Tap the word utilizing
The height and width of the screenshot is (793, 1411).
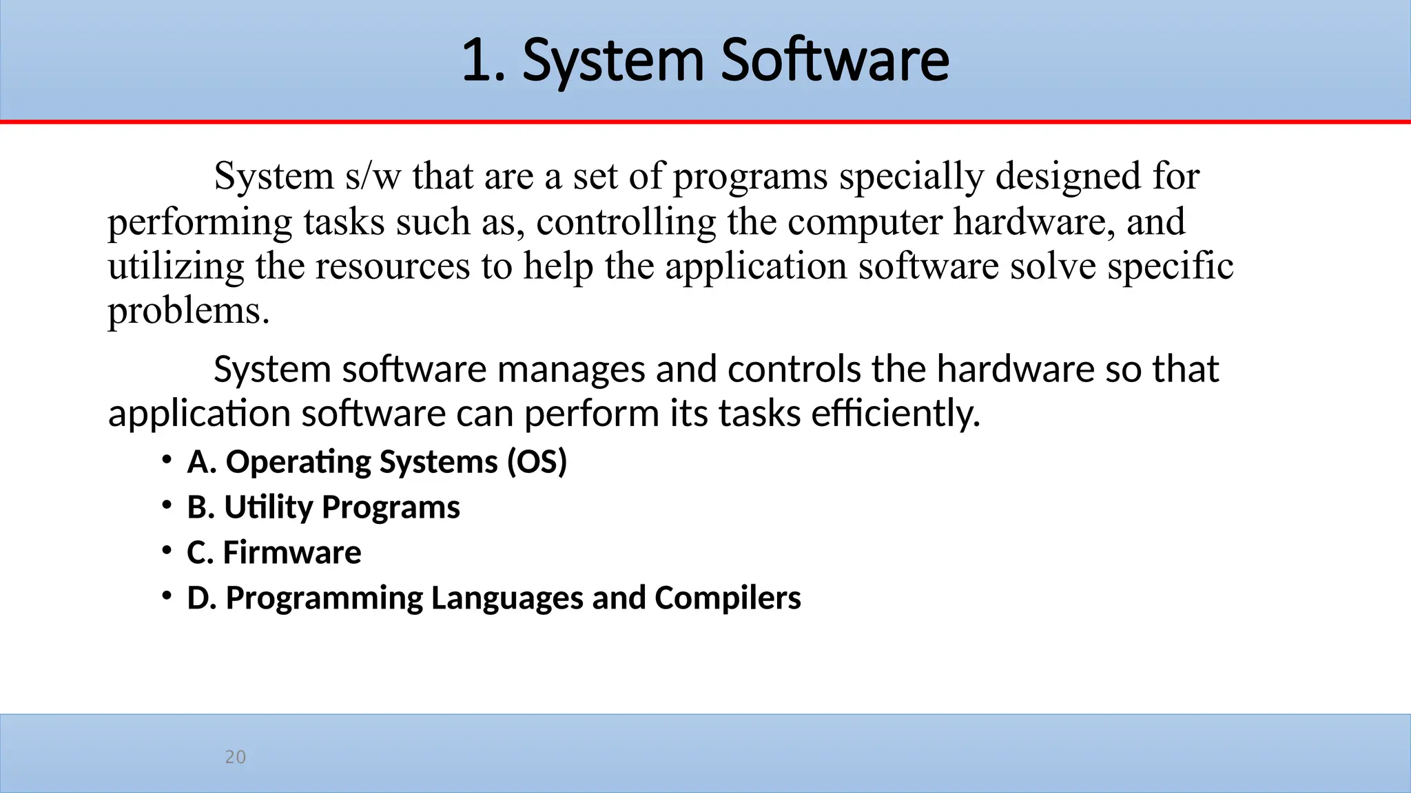click(x=176, y=267)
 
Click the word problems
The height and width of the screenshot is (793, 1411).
click(x=185, y=312)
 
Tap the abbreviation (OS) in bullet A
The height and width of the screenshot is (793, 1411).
click(x=537, y=462)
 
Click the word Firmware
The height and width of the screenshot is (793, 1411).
click(x=292, y=553)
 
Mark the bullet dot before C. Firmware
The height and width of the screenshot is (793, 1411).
click(x=167, y=551)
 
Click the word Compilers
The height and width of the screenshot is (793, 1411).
click(x=728, y=598)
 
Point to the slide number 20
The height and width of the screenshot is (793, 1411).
click(x=236, y=757)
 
